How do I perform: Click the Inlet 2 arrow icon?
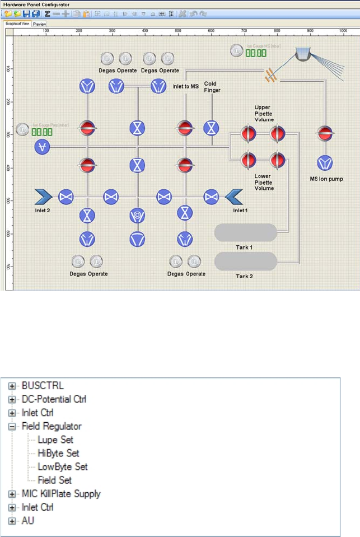click(44, 197)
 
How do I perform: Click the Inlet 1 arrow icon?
click(233, 197)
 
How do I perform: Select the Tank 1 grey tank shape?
click(246, 232)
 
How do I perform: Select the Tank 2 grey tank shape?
click(246, 262)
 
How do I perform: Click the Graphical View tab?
click(17, 25)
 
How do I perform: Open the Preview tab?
click(39, 25)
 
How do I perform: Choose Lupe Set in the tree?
click(55, 440)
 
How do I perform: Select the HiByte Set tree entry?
click(58, 453)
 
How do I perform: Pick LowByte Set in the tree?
click(62, 466)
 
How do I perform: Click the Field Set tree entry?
click(55, 480)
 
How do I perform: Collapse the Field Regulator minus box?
click(12, 427)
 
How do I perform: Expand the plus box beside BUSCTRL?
click(12, 386)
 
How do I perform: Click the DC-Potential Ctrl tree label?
click(54, 400)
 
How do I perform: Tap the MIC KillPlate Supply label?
click(61, 493)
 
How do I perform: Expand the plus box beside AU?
click(12, 520)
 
